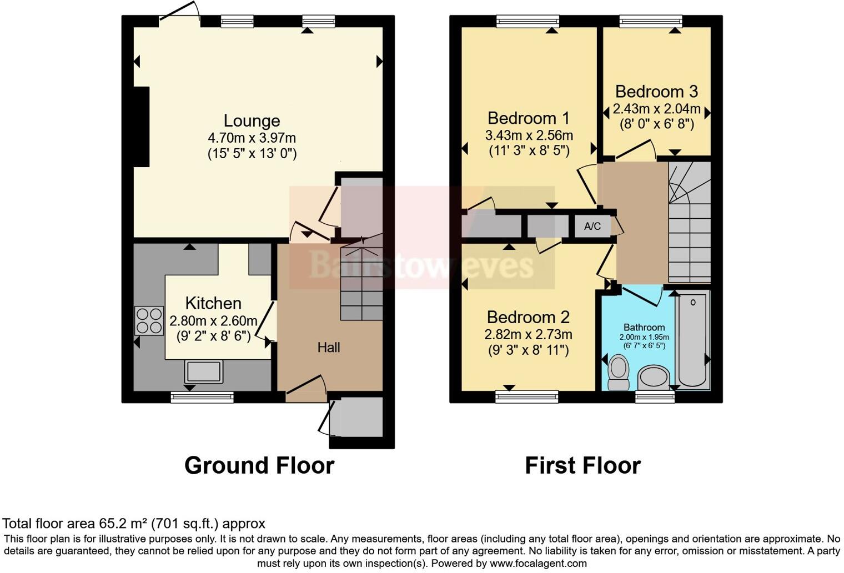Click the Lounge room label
tap(252, 120)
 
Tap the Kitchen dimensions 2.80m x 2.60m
tap(213, 321)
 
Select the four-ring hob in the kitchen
tap(149, 320)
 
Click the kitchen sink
tap(203, 371)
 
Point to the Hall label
tap(329, 348)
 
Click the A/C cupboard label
tap(592, 226)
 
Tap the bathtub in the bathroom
tap(692, 340)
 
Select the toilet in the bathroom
tap(618, 373)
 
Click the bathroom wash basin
tap(653, 378)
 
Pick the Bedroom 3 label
tap(656, 92)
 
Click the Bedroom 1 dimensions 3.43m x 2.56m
tap(529, 135)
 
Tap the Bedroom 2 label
tap(528, 317)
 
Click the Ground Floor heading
tap(259, 465)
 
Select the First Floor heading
tap(582, 465)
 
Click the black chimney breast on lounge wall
tap(142, 127)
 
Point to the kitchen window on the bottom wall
tap(202, 396)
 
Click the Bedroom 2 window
tap(527, 396)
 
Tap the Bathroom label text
tap(644, 327)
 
